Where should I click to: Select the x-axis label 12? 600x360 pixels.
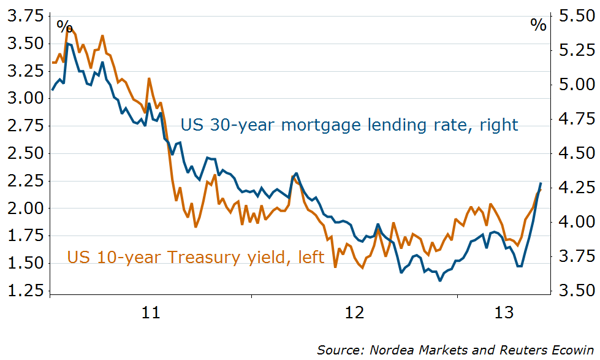tap(355, 313)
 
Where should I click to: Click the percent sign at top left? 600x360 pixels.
tap(64, 26)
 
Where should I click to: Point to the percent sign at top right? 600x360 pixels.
tap(538, 25)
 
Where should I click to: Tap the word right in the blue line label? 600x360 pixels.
tap(498, 126)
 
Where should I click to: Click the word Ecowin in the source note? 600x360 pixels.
tap(564, 350)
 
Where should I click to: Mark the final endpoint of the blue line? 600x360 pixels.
tap(541, 183)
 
